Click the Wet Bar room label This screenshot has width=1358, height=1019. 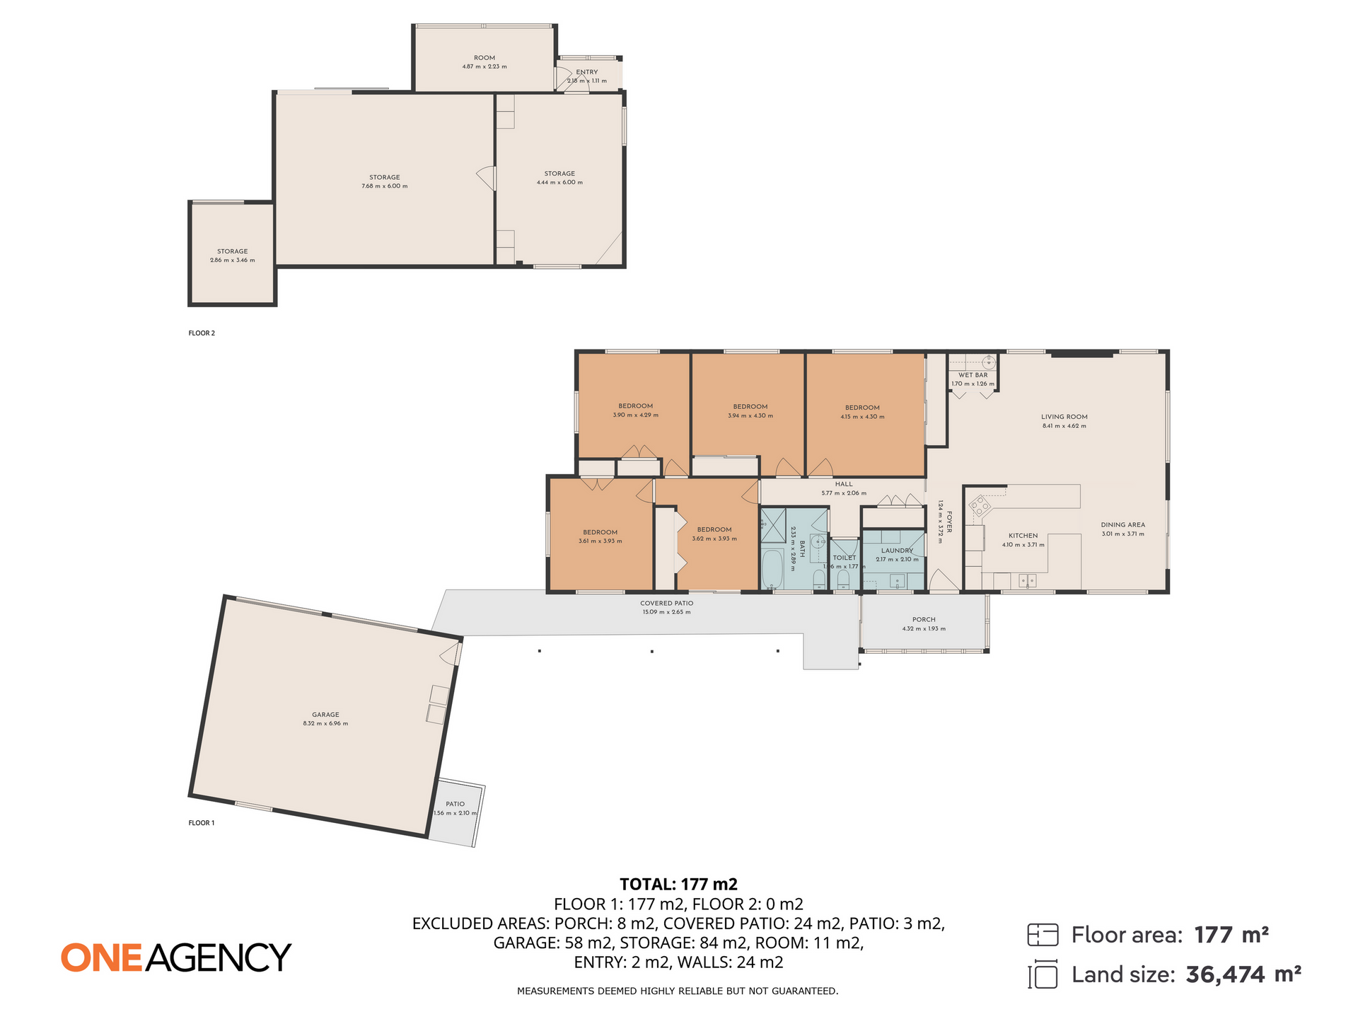click(x=973, y=375)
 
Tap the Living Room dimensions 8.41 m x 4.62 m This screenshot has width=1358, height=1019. click(x=1064, y=426)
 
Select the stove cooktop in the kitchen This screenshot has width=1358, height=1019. click(x=980, y=505)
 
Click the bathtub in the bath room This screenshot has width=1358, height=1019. click(x=772, y=570)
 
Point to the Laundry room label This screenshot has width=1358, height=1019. click(x=897, y=551)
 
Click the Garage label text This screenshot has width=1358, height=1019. click(x=325, y=715)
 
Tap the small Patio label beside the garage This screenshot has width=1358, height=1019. click(x=455, y=804)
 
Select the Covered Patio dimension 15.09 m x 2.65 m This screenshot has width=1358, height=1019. click(x=666, y=612)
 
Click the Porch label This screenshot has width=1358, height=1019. click(x=924, y=619)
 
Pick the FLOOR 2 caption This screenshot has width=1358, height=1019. click(x=202, y=333)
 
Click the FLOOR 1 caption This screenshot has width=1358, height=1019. click(x=202, y=823)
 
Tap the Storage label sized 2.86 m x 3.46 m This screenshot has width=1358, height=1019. click(x=232, y=251)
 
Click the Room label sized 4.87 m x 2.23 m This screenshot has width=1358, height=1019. click(x=484, y=58)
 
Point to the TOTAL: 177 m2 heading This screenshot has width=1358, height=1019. click(x=678, y=884)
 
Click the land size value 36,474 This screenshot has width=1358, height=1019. click(x=1225, y=975)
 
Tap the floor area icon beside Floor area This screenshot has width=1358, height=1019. click(x=1043, y=935)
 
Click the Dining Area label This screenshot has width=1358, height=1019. click(x=1122, y=525)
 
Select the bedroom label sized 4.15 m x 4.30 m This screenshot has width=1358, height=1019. click(x=862, y=408)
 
